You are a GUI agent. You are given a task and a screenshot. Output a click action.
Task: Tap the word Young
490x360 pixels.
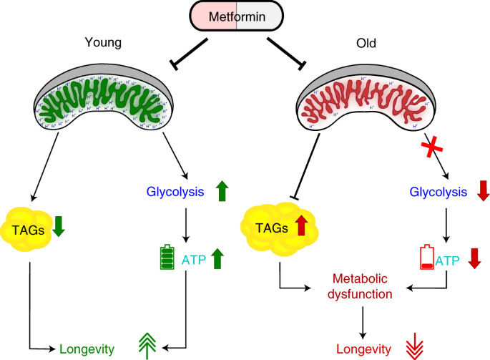103,43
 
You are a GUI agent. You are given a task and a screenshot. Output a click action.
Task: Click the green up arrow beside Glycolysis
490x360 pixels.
222,192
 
